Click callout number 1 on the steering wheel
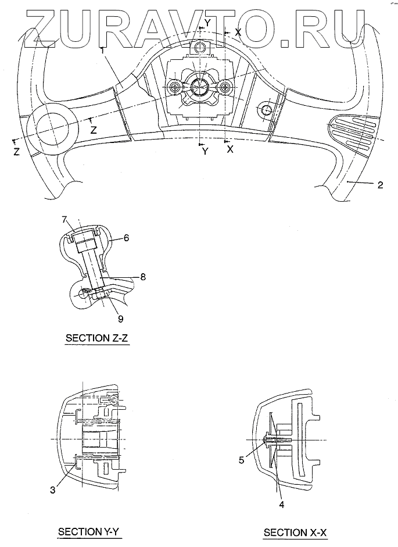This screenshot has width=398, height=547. click(x=102, y=51)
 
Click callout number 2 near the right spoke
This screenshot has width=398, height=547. click(x=379, y=185)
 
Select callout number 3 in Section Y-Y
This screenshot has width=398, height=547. click(x=52, y=490)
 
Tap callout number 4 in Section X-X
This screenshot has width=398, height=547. click(x=282, y=504)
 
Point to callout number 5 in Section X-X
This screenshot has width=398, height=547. click(x=241, y=459)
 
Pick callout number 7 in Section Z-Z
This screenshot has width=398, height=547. click(x=66, y=219)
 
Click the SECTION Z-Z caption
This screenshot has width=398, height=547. click(x=98, y=338)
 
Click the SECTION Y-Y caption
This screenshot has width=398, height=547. click(x=89, y=531)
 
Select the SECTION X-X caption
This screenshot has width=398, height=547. click(x=295, y=532)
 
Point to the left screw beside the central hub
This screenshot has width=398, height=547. click(x=175, y=88)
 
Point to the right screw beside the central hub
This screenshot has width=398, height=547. click(x=226, y=87)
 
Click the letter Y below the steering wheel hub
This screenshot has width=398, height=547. click(x=205, y=151)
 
